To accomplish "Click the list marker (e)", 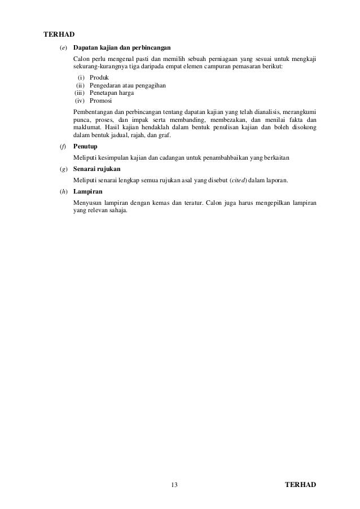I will pyautogui.click(x=63, y=48).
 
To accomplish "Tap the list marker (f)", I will pyautogui.click(x=63, y=146).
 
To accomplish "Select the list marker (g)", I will pyautogui.click(x=63, y=169).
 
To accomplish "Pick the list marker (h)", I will pyautogui.click(x=63, y=192).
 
